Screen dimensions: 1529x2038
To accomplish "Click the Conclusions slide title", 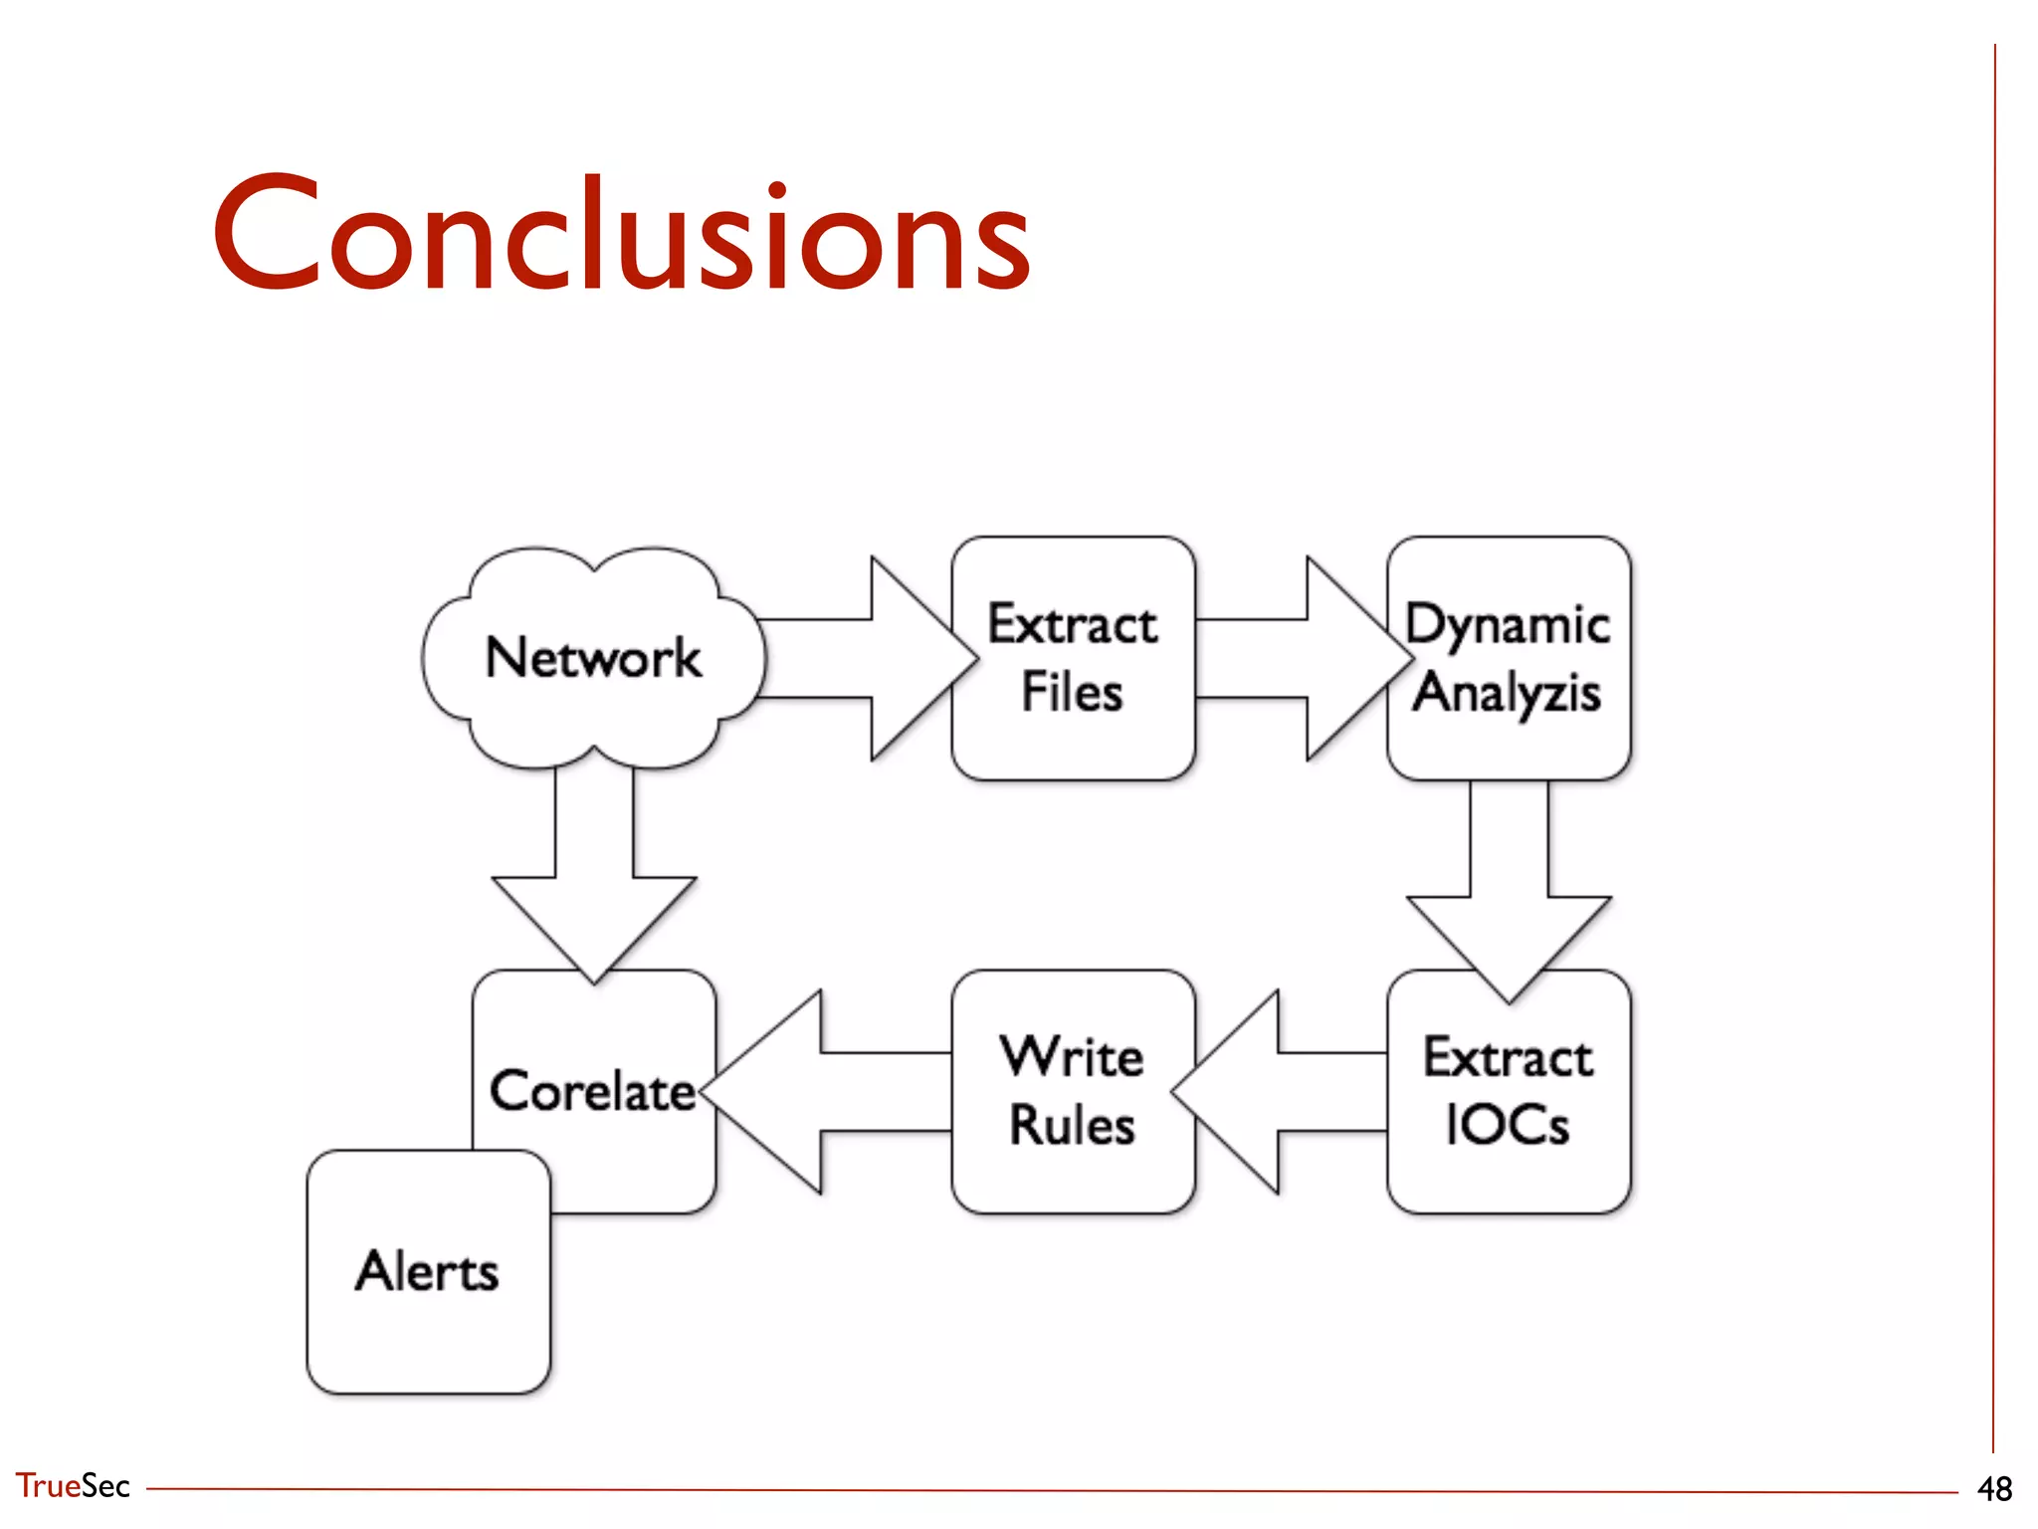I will [621, 235].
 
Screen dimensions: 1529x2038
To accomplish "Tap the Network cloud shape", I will [593, 658].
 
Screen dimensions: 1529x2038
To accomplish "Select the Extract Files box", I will [1073, 658].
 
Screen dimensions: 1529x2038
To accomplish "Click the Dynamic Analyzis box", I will [1509, 658].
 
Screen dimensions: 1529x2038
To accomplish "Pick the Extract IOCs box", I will [1509, 1091].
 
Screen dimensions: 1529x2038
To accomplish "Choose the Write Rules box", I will [1073, 1091].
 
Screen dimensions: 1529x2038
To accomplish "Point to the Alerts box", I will [428, 1271].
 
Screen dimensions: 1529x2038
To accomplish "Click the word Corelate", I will [593, 1091].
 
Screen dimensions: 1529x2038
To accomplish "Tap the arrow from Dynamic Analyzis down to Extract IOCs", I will [1509, 886].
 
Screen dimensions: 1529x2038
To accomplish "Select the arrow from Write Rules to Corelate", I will [826, 1091].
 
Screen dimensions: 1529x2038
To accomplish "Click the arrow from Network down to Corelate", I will [594, 876].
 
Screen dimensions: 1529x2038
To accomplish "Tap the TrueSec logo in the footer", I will [72, 1485].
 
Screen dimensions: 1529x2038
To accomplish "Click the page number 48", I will [1994, 1489].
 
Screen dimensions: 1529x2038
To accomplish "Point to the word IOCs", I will [1507, 1126].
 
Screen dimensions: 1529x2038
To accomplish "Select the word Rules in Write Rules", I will [1073, 1126].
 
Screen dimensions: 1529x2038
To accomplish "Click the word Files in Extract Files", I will [1073, 693].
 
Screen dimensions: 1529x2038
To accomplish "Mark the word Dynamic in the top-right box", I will [1507, 625].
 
